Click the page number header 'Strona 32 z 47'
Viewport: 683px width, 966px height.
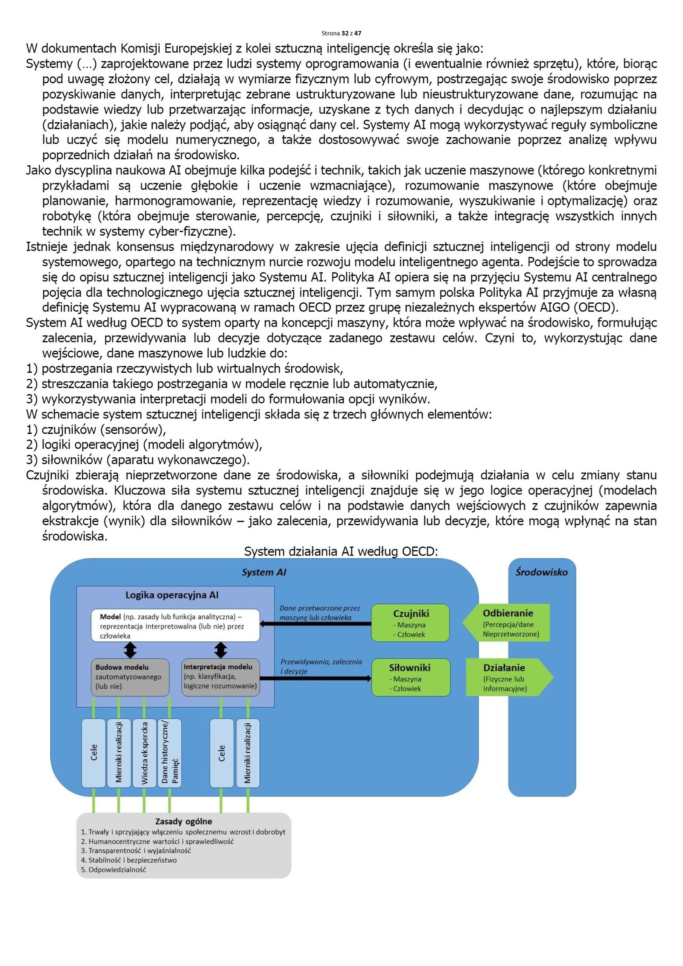(341, 33)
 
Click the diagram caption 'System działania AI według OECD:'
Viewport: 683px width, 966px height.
(341, 551)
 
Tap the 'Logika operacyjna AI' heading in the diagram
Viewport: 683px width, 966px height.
(172, 595)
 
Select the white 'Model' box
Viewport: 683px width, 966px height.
(175, 626)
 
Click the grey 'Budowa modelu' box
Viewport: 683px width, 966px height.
(130, 677)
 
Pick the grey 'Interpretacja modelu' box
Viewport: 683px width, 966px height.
(220, 676)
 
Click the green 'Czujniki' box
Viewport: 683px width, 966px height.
(410, 623)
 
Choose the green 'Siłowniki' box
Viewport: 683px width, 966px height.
(410, 677)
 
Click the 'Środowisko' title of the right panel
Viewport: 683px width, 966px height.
(541, 572)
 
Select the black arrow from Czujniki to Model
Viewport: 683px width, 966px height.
(315, 624)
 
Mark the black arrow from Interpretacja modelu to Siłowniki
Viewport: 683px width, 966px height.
(315, 678)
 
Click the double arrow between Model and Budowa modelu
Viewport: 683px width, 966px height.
(130, 650)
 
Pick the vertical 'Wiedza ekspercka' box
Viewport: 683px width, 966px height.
(144, 753)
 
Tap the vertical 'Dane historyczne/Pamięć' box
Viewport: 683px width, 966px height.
(170, 753)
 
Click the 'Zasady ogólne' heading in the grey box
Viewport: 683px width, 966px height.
(184, 821)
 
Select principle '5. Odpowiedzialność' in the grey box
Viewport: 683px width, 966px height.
(114, 869)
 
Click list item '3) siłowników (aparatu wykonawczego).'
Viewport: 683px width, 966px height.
(138, 460)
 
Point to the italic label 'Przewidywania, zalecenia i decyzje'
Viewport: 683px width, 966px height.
(321, 666)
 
